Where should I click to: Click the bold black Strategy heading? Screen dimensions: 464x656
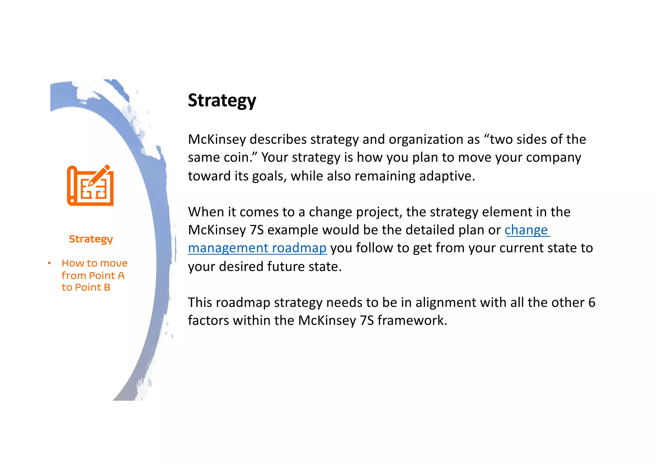[222, 101]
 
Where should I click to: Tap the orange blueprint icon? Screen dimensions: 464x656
[90, 186]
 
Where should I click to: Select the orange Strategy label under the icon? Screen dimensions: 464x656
[91, 239]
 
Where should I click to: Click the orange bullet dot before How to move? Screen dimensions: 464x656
[49, 263]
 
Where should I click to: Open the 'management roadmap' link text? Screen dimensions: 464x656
[257, 248]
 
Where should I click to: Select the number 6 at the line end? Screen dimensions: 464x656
[592, 302]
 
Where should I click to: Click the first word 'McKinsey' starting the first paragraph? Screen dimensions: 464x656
[217, 140]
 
